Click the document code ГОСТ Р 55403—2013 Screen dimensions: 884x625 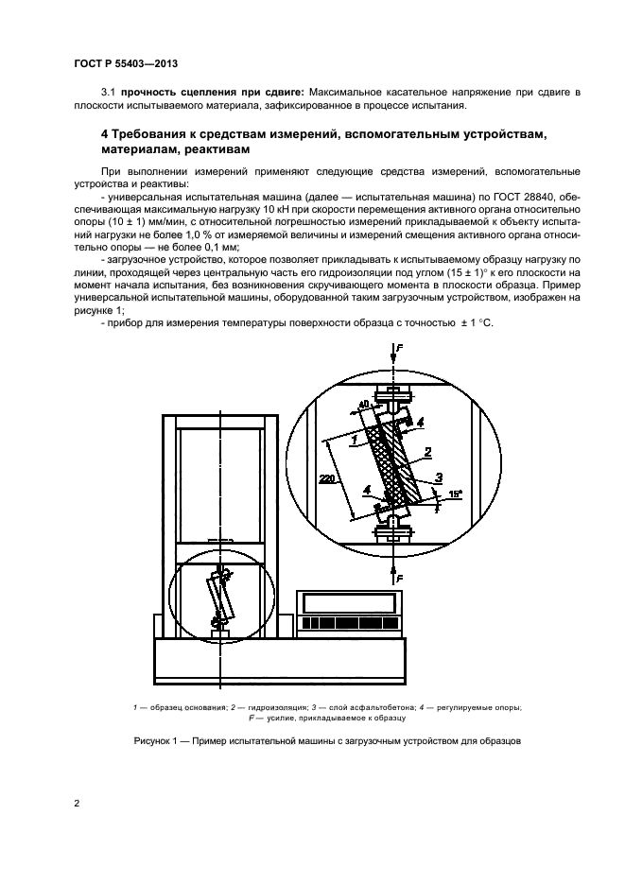click(x=126, y=63)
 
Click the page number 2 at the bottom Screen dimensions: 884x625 click(x=77, y=804)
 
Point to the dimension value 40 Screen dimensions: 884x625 click(x=363, y=407)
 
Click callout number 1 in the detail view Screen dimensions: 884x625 click(x=352, y=441)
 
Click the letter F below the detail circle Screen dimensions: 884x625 click(x=398, y=576)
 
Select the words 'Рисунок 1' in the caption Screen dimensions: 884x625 click(x=158, y=740)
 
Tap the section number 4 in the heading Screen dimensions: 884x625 click(x=105, y=134)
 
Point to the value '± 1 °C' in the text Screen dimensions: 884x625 click(x=472, y=324)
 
